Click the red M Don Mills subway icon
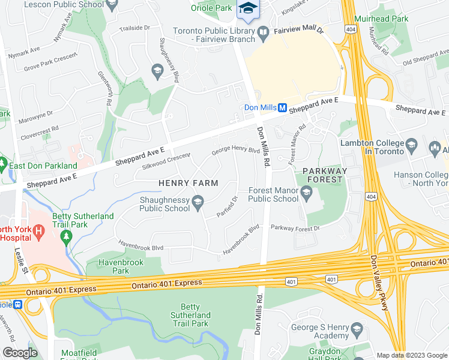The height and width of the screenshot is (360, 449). pos(283,107)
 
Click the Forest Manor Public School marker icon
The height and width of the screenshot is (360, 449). pos(307,191)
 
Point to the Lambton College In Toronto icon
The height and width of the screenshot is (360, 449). pos(411,145)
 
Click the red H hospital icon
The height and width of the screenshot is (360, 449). pos(40,230)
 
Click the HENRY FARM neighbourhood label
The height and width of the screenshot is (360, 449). pos(188,182)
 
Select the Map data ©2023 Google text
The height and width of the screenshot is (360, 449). pos(411,355)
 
